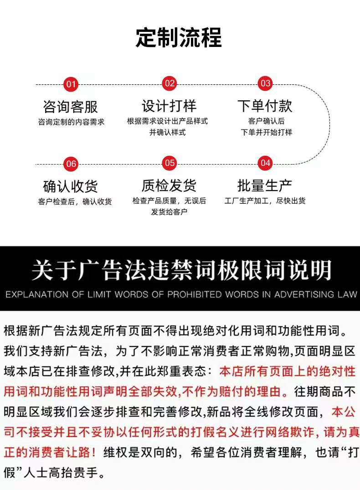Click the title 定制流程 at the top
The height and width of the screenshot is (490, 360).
tap(179, 38)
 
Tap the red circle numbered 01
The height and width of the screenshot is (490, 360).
tap(71, 84)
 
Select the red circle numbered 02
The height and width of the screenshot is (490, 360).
tap(170, 83)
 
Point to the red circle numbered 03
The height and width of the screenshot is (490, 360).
tap(265, 83)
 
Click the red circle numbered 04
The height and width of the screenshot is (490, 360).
tap(265, 163)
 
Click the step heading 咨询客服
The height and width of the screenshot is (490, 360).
tap(71, 107)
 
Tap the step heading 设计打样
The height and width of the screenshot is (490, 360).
tap(169, 106)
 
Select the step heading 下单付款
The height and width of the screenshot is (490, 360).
tap(265, 106)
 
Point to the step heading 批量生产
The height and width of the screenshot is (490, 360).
tap(265, 186)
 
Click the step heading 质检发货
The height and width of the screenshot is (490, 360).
tap(169, 186)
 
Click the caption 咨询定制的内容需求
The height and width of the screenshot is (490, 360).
tap(71, 122)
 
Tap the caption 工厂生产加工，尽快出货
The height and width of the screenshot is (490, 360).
tap(265, 201)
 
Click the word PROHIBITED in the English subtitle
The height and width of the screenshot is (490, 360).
tap(194, 294)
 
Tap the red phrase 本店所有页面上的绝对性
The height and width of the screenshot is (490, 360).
tap(287, 371)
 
